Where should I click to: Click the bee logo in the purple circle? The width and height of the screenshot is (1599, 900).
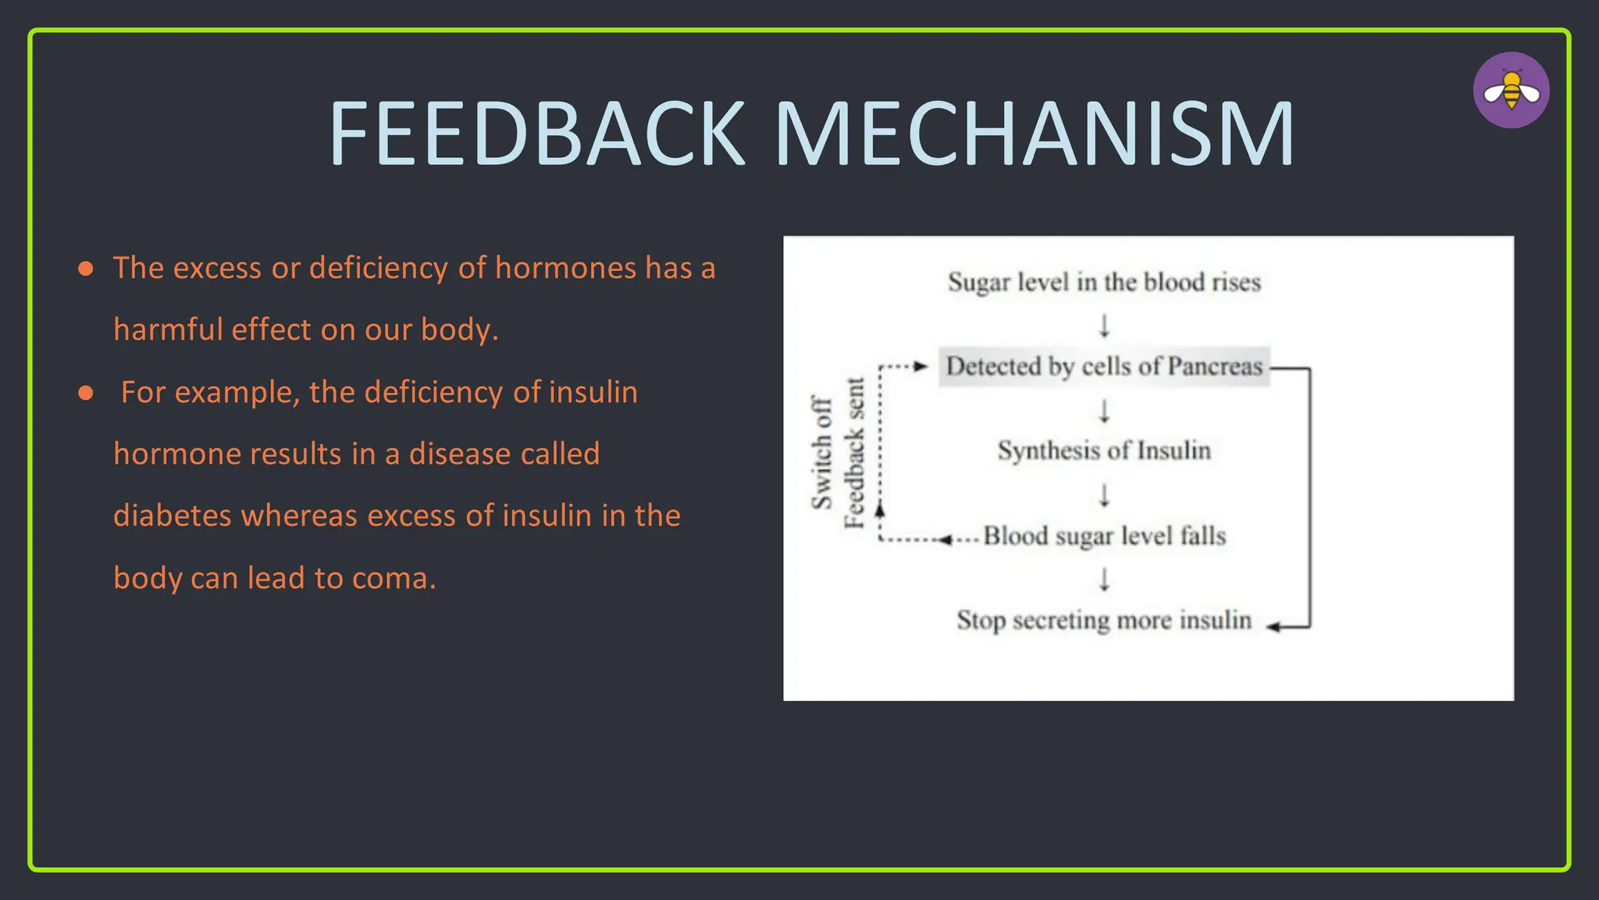point(1511,91)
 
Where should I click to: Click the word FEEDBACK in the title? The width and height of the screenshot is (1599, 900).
point(537,134)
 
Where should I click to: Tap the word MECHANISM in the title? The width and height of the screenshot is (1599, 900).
point(1035,134)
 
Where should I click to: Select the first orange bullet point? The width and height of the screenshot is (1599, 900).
point(86,270)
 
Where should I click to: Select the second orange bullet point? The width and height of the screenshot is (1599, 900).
point(86,393)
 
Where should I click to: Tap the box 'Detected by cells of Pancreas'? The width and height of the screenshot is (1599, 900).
point(1103,366)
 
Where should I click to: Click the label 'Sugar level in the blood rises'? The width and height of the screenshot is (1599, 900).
point(1103,282)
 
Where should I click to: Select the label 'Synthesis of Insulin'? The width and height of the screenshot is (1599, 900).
point(1103,451)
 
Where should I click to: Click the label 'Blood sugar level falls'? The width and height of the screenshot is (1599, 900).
point(1103,536)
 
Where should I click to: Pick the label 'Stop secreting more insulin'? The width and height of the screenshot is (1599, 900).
point(1103,620)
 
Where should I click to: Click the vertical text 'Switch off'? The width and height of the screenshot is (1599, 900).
point(821,452)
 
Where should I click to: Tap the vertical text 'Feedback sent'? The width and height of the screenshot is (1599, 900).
point(854,452)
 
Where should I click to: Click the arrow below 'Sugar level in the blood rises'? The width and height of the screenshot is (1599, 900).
point(1104,325)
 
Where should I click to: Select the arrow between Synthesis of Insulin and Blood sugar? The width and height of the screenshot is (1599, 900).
point(1104,495)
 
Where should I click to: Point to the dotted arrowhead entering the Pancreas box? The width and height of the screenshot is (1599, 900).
point(921,366)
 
